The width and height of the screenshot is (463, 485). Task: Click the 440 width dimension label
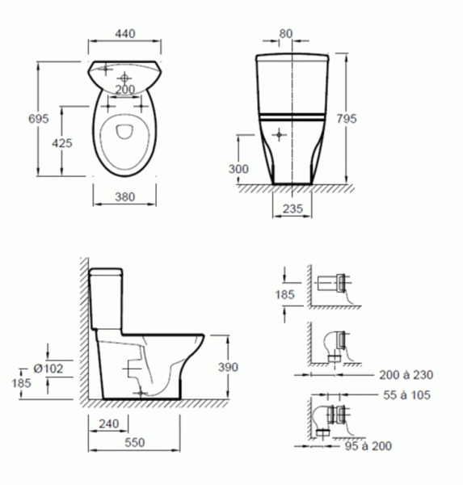click(x=125, y=33)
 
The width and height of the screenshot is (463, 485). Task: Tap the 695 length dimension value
click(x=38, y=119)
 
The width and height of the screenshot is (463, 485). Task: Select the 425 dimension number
click(x=62, y=143)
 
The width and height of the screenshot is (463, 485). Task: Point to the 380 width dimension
click(x=125, y=196)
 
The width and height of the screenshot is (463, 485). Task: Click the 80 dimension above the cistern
click(x=285, y=33)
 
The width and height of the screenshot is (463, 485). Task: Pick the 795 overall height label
click(x=347, y=119)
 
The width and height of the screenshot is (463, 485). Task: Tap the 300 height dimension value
click(x=238, y=169)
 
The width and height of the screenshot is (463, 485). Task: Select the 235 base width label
click(x=293, y=209)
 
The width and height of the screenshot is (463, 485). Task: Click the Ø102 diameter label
click(x=48, y=369)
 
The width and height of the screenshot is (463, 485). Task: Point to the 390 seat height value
click(x=228, y=367)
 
